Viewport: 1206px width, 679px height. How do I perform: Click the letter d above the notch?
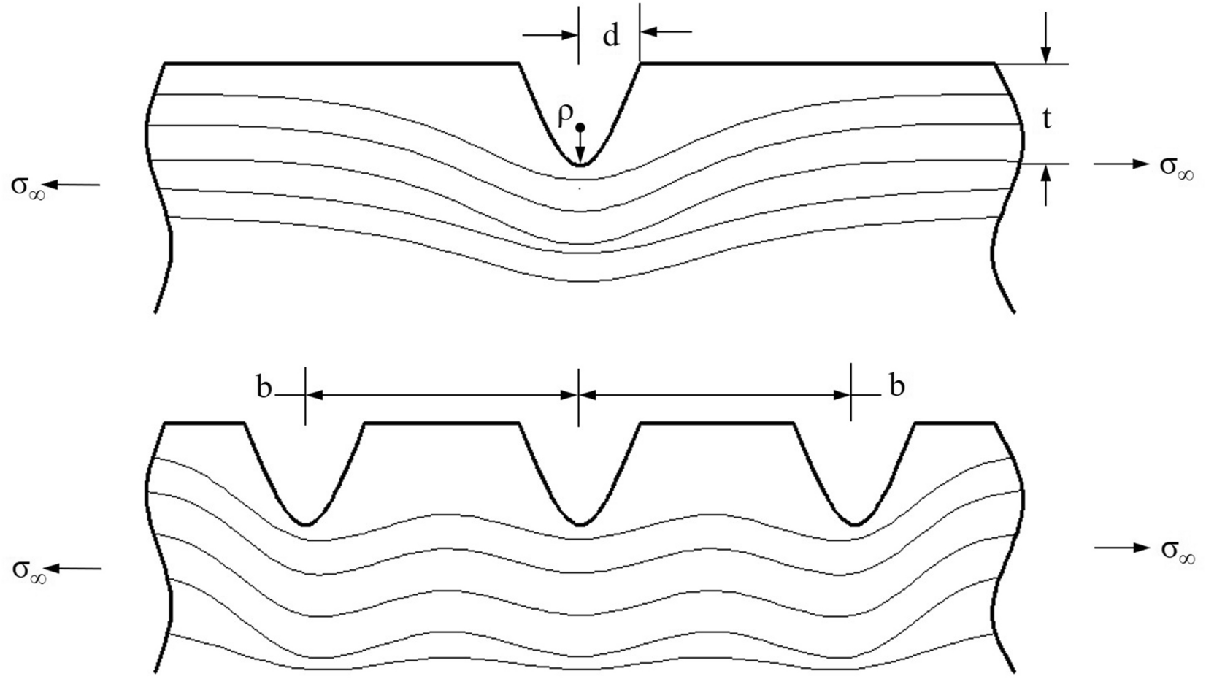click(x=610, y=36)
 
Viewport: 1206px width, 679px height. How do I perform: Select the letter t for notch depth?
click(x=1047, y=119)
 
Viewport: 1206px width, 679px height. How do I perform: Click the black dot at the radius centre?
click(x=580, y=127)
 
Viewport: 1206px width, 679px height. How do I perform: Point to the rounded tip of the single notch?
click(x=580, y=164)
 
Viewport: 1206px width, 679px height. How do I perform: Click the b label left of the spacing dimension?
click(x=264, y=388)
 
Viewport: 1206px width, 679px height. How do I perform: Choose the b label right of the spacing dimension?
click(x=896, y=386)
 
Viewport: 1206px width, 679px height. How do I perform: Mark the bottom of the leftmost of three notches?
click(x=307, y=523)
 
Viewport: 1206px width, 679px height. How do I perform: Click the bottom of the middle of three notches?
click(x=580, y=524)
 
